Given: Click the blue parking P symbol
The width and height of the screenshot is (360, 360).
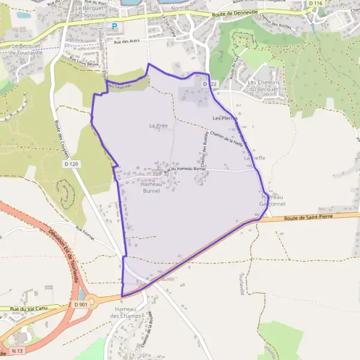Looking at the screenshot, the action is pos(115,26).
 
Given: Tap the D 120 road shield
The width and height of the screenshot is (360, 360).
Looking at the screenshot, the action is pos(71,164).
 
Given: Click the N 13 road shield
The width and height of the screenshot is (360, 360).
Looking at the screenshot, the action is pos(17,349).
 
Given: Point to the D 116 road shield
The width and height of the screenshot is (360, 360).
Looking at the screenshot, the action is pos(316,4).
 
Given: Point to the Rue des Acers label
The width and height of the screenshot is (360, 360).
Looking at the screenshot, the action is pos(126,41).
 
